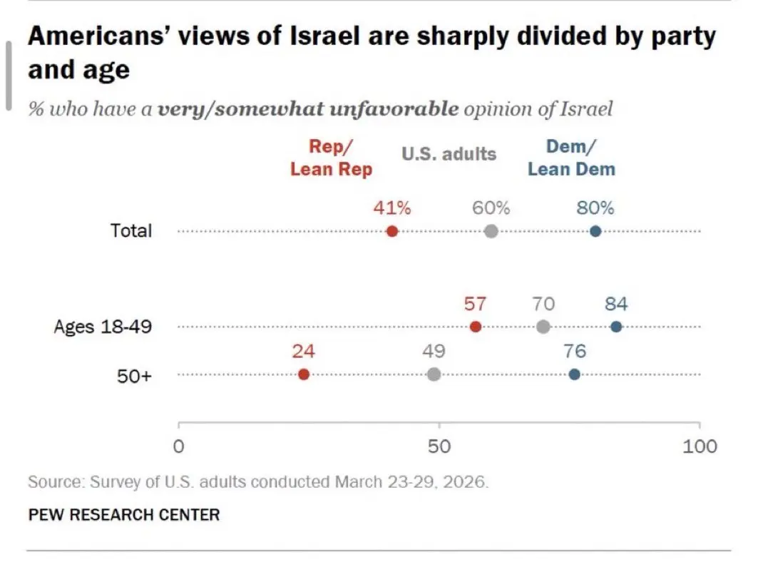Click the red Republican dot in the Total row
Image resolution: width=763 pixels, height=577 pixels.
click(x=391, y=231)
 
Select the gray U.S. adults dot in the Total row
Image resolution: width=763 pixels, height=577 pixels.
click(x=491, y=231)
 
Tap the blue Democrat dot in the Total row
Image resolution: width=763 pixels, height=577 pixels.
click(x=595, y=231)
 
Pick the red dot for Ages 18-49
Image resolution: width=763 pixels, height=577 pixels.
click(x=476, y=327)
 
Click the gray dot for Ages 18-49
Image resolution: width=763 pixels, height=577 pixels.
click(x=543, y=327)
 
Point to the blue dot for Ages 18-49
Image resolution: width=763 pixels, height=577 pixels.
click(x=616, y=327)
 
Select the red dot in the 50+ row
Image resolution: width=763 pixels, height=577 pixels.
click(x=304, y=374)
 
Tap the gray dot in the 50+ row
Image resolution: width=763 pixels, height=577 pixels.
click(x=434, y=374)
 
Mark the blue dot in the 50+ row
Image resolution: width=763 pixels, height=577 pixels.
click(x=575, y=374)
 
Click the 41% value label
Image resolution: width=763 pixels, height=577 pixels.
click(x=391, y=208)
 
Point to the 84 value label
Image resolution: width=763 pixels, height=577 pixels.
click(x=616, y=304)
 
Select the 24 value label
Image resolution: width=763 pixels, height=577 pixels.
click(x=304, y=352)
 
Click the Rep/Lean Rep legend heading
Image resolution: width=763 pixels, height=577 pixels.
click(x=331, y=158)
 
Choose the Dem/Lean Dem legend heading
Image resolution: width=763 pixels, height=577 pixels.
click(x=571, y=158)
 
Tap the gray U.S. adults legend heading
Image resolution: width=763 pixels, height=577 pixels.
click(x=449, y=153)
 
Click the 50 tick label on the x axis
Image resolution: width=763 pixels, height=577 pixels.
click(x=439, y=446)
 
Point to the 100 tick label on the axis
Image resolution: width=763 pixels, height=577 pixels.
click(x=700, y=446)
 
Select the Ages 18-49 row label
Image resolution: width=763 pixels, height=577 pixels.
click(x=103, y=327)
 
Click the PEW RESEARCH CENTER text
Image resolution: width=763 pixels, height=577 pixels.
click(x=124, y=514)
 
